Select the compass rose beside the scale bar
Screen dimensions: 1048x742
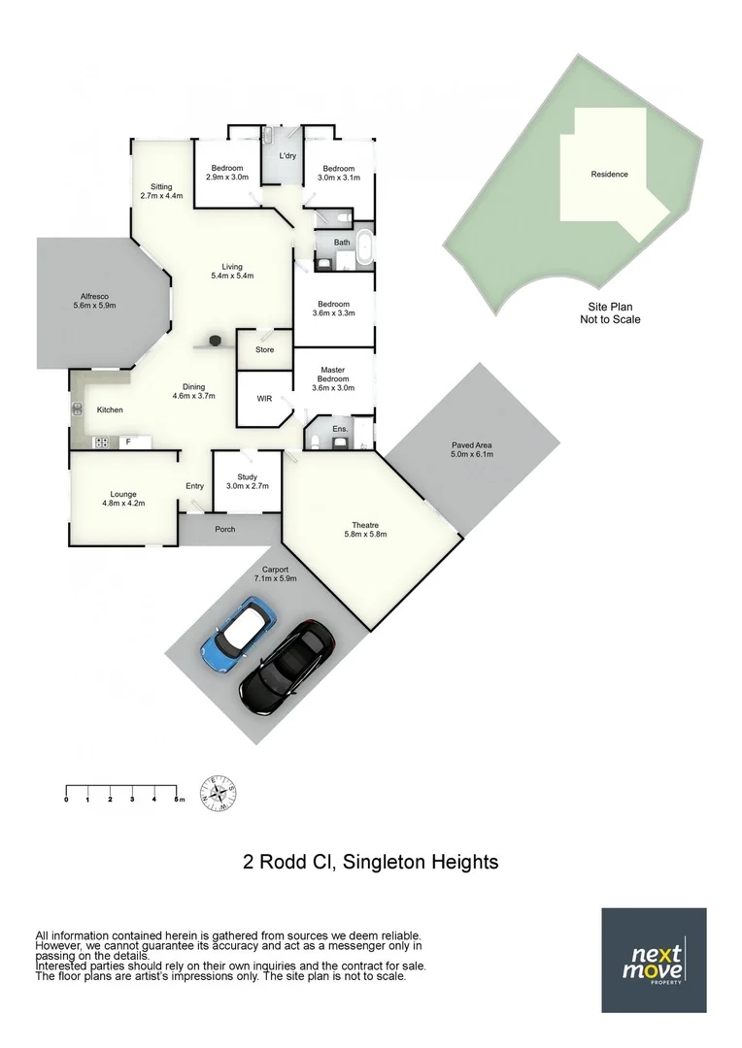tap(219, 793)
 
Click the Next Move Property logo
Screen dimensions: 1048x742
tap(654, 960)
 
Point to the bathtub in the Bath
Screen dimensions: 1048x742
tap(365, 248)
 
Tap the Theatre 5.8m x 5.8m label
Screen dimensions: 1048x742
tap(366, 530)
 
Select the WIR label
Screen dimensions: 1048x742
tap(263, 399)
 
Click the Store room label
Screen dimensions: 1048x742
tap(264, 349)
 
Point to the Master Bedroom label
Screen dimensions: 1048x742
tap(333, 377)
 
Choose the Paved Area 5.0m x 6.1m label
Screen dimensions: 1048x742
tap(472, 450)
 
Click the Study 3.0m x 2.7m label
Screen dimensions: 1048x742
tap(247, 481)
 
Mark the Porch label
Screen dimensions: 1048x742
tap(225, 529)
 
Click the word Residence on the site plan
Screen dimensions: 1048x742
tap(609, 175)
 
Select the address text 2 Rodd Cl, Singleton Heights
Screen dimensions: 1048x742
tap(370, 862)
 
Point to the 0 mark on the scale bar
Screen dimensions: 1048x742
tap(66, 800)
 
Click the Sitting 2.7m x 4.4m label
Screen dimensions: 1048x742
tap(161, 191)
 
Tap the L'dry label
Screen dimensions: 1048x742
tap(287, 156)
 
